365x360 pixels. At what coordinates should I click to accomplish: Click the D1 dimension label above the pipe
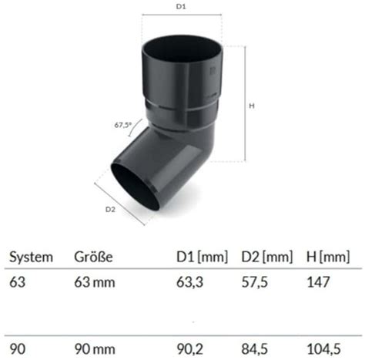tap(181, 7)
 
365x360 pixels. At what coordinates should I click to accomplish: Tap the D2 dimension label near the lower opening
tap(110, 210)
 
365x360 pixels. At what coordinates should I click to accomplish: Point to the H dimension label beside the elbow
tap(252, 106)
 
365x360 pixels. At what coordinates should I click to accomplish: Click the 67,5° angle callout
tap(122, 125)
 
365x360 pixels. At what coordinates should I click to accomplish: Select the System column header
tap(31, 257)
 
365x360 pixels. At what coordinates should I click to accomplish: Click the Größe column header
tap(93, 257)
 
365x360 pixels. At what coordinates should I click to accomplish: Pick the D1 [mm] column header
tap(202, 257)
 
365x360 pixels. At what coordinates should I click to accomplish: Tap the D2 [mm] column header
tap(267, 257)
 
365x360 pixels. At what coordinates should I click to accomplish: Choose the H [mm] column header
tap(328, 257)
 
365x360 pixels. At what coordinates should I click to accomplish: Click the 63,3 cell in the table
tap(189, 282)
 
